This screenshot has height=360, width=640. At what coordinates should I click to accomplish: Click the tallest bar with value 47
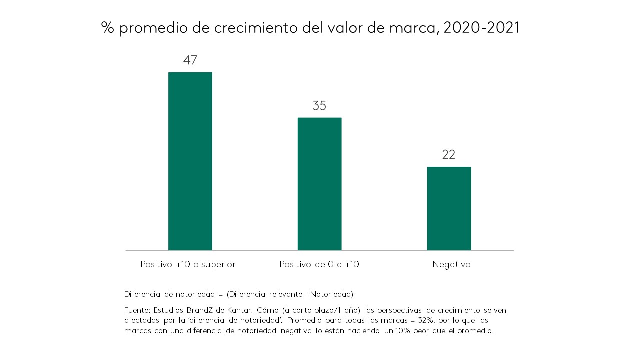click(x=190, y=161)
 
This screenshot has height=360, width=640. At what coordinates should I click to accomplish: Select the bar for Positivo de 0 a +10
click(x=319, y=183)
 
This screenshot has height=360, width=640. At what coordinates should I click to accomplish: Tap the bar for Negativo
click(x=449, y=208)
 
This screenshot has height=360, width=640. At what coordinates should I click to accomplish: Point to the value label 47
click(x=190, y=61)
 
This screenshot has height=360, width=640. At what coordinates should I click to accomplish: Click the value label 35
click(x=319, y=106)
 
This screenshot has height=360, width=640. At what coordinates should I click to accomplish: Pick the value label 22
click(x=449, y=155)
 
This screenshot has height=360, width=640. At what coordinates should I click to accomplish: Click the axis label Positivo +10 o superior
click(x=188, y=265)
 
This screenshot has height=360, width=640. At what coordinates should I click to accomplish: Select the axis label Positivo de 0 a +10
click(x=319, y=265)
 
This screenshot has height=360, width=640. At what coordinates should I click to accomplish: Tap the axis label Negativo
click(x=451, y=265)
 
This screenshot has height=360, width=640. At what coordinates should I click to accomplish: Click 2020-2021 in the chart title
click(x=481, y=28)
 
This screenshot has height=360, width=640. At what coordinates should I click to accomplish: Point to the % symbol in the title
click(x=108, y=28)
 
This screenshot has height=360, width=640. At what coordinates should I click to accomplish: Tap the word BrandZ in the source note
click(x=195, y=310)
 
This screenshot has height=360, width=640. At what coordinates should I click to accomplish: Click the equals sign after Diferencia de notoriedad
click(x=221, y=294)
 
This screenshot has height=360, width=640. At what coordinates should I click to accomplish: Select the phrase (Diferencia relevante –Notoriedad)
click(x=290, y=294)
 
